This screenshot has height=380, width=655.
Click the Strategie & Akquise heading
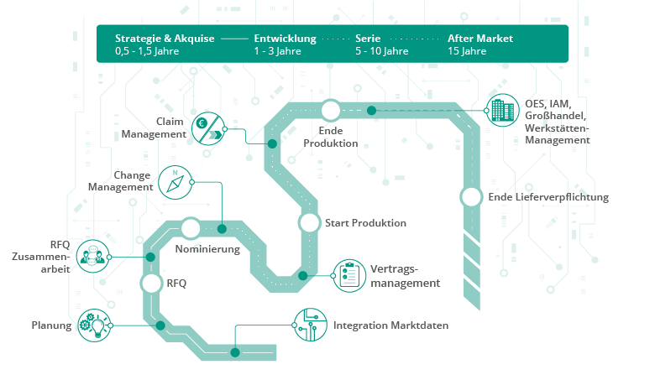pos(165,39)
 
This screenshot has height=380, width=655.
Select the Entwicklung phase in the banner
pos(285,39)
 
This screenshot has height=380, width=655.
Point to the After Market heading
pos(480,39)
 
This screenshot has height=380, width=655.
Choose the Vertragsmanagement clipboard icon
pos(349,275)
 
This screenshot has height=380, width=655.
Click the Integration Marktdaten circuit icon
pos(308,325)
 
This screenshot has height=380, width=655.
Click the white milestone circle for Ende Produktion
pos(330,110)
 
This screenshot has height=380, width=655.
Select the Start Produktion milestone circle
pos(309,222)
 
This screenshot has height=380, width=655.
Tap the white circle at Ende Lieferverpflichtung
pos(471,197)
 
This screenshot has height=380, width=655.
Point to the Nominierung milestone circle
pos(191,228)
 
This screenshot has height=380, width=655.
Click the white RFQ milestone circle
pos(151,284)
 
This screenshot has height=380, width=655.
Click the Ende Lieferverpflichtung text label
pos(548,197)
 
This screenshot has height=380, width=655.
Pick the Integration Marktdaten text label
pos(390,325)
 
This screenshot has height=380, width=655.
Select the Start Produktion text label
pos(365,223)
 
